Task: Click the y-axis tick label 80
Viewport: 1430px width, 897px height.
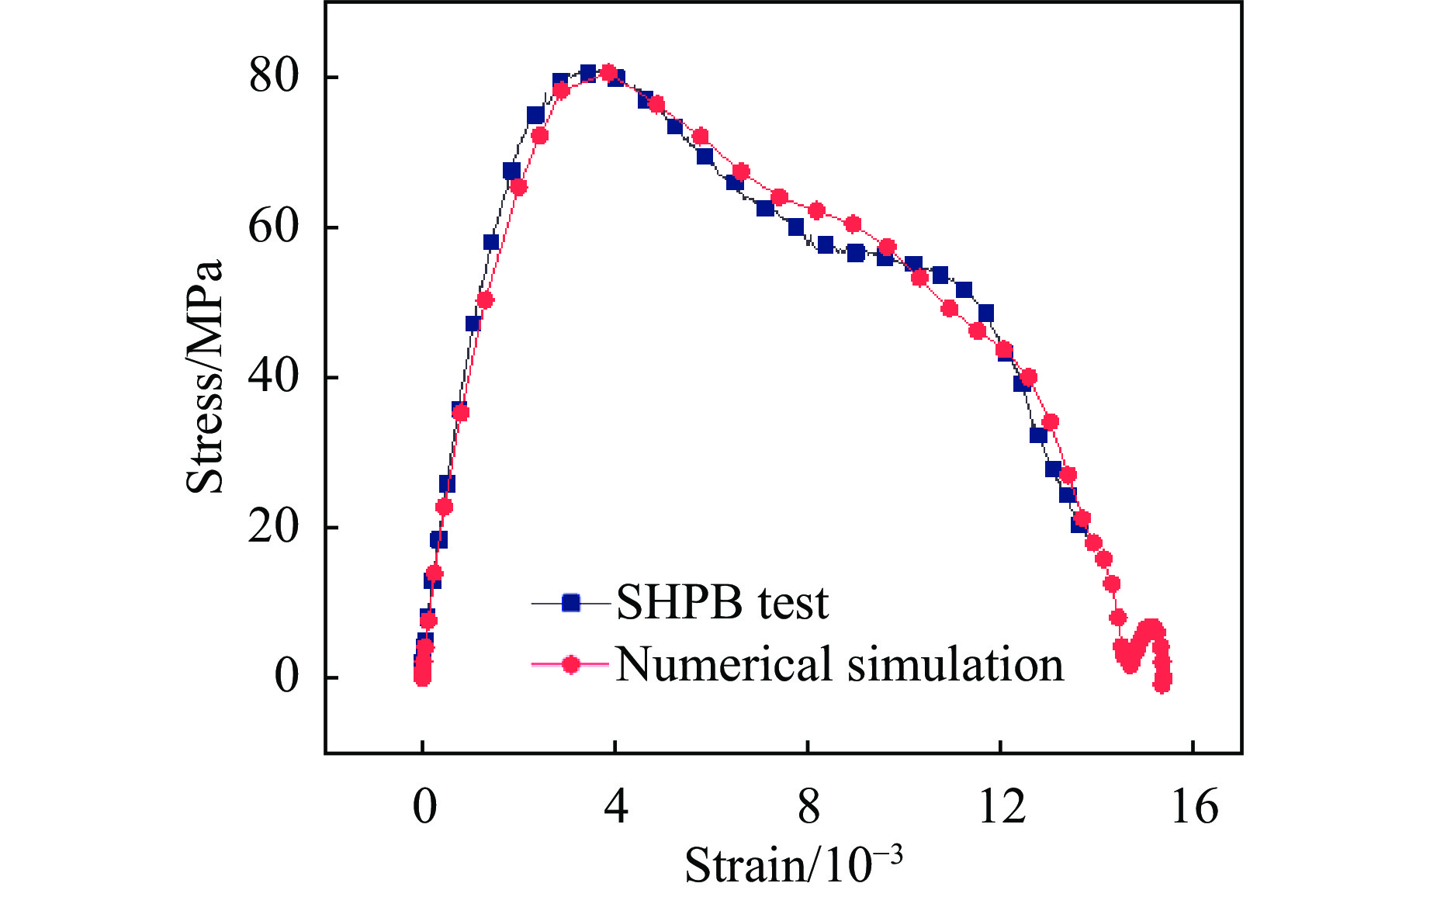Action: tap(274, 78)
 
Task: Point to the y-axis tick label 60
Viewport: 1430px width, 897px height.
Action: tap(274, 227)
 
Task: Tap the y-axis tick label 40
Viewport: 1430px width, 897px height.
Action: tap(274, 377)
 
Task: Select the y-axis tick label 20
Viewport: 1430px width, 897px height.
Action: tap(274, 528)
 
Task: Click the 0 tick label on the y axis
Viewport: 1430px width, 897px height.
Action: tap(287, 677)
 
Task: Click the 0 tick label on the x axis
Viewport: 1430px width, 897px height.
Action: tap(424, 806)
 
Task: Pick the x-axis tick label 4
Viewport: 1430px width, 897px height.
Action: tap(615, 806)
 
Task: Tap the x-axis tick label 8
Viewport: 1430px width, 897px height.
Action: tap(808, 806)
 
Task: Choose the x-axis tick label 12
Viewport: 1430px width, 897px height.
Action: tap(1002, 806)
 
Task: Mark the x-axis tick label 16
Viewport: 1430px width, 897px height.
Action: tap(1194, 806)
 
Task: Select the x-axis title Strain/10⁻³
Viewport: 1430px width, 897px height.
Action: tap(793, 864)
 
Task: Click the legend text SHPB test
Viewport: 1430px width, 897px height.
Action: tap(722, 603)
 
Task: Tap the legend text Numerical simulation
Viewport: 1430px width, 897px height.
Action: tap(840, 665)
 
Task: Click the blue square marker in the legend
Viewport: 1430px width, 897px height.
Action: tap(571, 603)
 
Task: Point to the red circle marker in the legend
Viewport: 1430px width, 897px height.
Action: tap(571, 664)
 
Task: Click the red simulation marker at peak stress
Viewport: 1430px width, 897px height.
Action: tap(608, 73)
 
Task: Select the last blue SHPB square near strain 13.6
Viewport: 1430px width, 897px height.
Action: tap(1079, 525)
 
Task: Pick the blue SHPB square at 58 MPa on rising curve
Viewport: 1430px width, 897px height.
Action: tap(491, 242)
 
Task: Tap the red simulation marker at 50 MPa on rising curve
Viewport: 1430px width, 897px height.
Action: tap(485, 300)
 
